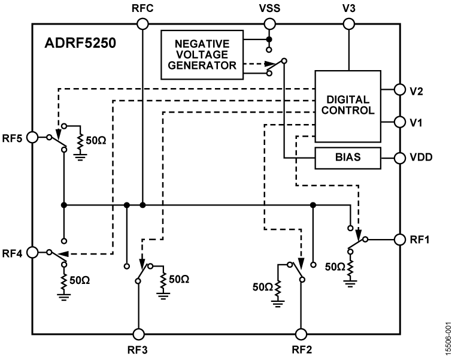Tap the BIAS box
pyautogui.click(x=348, y=158)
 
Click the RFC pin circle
pyautogui.click(x=142, y=24)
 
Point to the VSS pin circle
pyautogui.click(x=269, y=24)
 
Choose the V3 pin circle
pyautogui.click(x=348, y=24)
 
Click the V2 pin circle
pyautogui.click(x=400, y=90)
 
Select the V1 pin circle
pyautogui.click(x=400, y=122)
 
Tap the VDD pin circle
pyautogui.click(x=400, y=158)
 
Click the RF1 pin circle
pyautogui.click(x=400, y=239)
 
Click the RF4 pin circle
pyautogui.click(x=34, y=253)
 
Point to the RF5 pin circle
pyautogui.click(x=34, y=137)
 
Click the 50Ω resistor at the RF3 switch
pyautogui.click(x=162, y=279)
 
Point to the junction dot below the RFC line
pyautogui.click(x=142, y=205)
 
